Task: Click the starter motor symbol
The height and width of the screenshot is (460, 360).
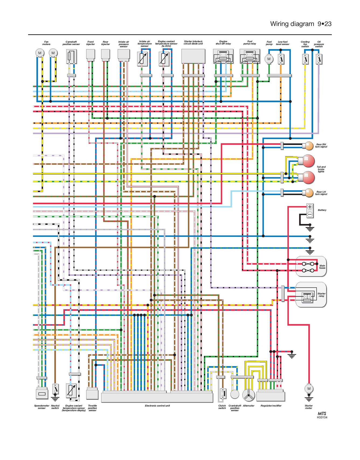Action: coord(309,389)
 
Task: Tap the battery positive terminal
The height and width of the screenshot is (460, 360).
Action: coord(310,207)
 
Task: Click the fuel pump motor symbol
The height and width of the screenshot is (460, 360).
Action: coord(269,59)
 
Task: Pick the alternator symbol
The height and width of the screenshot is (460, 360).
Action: coord(248,395)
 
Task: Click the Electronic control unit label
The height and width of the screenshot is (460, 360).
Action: coord(157,406)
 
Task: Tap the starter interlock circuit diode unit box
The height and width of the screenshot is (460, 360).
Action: coord(193,56)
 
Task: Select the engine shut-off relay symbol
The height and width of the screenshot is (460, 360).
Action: coord(223,56)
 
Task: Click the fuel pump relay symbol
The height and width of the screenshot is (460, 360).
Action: coord(250,56)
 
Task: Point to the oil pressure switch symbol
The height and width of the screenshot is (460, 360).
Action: coord(319,59)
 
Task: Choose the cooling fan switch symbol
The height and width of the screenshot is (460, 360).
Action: coord(305,59)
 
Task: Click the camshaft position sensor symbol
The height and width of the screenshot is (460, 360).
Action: coord(71,57)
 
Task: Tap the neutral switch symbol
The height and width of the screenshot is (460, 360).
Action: coord(55,389)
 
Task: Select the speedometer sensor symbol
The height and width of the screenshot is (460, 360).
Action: coord(42,393)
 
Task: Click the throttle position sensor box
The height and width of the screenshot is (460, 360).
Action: coord(92,394)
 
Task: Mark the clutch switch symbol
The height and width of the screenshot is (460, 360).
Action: coord(222,393)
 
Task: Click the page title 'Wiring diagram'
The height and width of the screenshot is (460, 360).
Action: coord(292,24)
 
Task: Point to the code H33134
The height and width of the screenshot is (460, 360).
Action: coord(322,417)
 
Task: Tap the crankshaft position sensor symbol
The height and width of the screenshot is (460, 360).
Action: coord(235,394)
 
